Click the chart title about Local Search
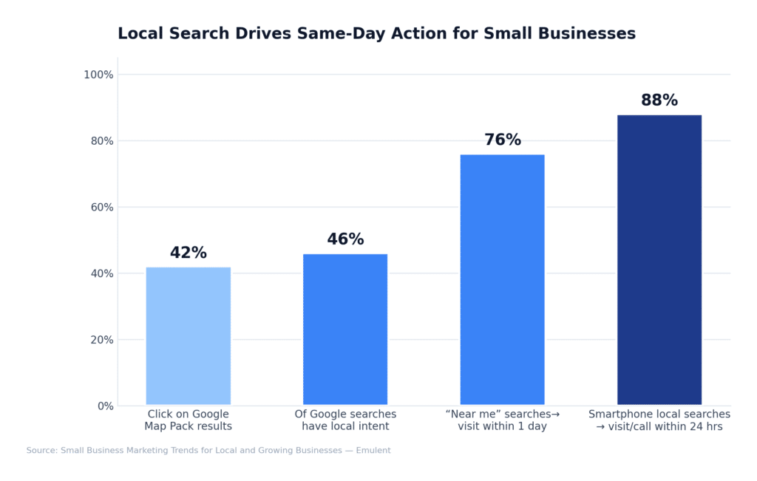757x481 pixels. (x=376, y=34)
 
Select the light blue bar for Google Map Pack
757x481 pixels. (x=188, y=336)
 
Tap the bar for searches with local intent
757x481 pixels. (x=345, y=330)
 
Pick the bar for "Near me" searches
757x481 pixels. (x=502, y=280)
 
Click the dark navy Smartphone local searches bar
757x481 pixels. (x=659, y=260)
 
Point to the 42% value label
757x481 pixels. (x=188, y=253)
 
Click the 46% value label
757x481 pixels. (x=345, y=240)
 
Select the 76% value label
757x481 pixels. (x=502, y=140)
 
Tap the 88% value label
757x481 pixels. (x=659, y=101)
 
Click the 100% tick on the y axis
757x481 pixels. (x=98, y=75)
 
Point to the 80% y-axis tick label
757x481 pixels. (x=101, y=141)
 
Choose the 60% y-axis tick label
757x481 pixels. (x=101, y=207)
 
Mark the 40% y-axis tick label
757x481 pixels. (x=101, y=273)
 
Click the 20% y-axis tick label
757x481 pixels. (x=101, y=340)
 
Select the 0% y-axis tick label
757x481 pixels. (x=104, y=406)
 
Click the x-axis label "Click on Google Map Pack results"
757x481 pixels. (x=188, y=420)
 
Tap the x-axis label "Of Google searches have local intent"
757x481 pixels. (x=345, y=420)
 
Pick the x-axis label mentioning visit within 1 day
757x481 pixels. (x=502, y=420)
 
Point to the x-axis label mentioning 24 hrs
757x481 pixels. (x=659, y=420)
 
